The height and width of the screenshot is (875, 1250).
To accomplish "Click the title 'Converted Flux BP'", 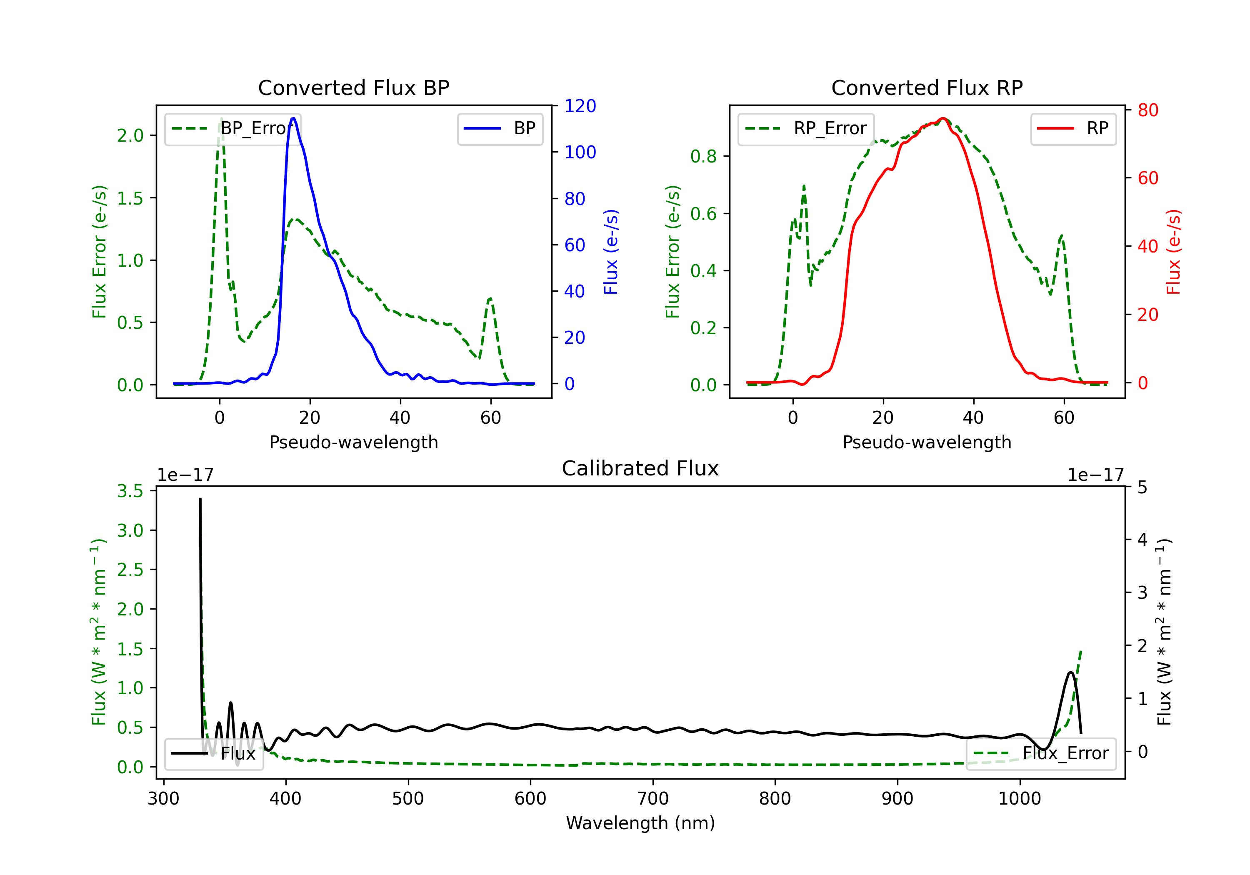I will pos(353,87).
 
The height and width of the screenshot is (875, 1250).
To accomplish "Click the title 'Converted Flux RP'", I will pos(927,87).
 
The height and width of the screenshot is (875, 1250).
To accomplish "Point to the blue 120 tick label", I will pos(580,106).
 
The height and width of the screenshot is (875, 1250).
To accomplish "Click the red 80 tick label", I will pos(1147,110).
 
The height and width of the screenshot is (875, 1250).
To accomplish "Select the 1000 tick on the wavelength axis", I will pos(1019,798).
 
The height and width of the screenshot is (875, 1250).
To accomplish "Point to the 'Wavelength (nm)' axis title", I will pos(640,823).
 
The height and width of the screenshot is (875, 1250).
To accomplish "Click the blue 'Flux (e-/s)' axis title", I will pos(611,252).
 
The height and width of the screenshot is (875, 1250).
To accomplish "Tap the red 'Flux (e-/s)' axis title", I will pos(1173,252).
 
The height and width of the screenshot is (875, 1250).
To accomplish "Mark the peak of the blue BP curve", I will pos(293,118).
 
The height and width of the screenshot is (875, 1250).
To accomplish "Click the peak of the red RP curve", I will pos(943,118).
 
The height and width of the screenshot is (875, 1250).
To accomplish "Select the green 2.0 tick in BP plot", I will pos(130,135).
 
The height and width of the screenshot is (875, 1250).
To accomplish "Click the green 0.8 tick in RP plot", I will pos(703,156).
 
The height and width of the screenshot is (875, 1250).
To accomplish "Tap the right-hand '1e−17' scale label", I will pos(1095,475).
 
